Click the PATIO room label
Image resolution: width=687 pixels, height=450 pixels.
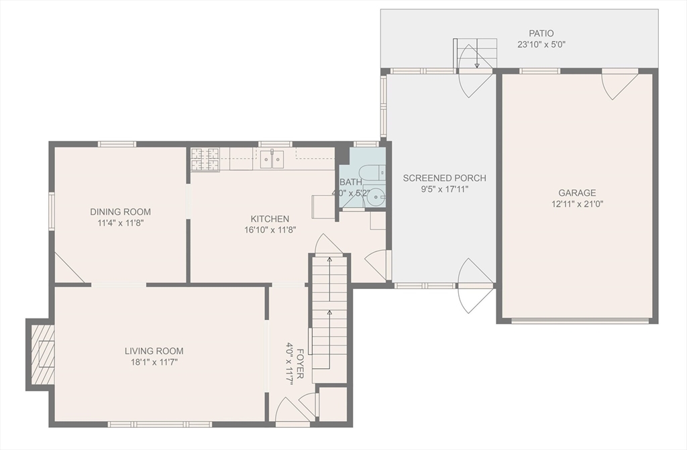click(541, 34)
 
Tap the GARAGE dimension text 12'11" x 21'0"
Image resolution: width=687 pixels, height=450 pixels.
click(577, 204)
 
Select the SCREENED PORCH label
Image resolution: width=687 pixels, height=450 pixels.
click(444, 178)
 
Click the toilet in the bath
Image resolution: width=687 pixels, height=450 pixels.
click(371, 172)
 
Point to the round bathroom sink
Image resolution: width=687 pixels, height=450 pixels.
click(374, 198)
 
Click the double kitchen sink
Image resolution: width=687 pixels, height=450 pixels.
click(272, 159)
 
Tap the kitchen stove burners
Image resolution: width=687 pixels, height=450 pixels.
click(205, 160)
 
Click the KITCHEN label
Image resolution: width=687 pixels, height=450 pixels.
click(270, 219)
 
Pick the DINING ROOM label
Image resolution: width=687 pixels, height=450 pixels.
click(121, 212)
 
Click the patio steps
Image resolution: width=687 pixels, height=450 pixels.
click(477, 53)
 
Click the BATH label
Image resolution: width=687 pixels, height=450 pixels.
click(351, 182)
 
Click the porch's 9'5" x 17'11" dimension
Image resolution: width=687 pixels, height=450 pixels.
click(444, 189)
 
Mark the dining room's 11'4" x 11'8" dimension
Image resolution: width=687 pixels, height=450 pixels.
click(121, 223)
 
